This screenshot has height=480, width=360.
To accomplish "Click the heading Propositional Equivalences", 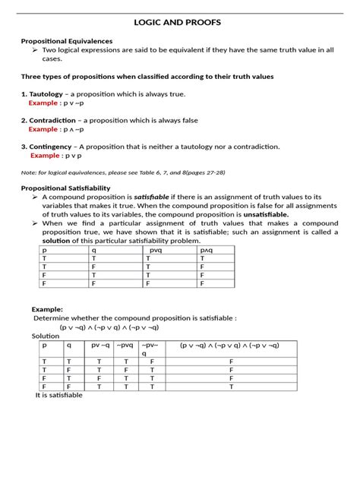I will [x=67, y=41].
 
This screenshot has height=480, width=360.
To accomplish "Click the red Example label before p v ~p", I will [x=43, y=103].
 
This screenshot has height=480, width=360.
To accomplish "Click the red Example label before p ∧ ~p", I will [x=43, y=129].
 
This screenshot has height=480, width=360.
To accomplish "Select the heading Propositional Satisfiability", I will [x=66, y=188].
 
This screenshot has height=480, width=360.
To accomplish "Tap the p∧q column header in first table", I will [x=207, y=249].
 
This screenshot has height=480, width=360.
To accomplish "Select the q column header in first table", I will [x=94, y=249].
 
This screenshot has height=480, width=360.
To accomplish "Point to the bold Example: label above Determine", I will [x=47, y=309].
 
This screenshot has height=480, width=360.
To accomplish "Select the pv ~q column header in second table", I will [x=101, y=345].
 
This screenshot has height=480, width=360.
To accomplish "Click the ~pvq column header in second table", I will [x=125, y=345].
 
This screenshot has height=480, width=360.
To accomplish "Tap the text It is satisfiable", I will [x=59, y=395].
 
